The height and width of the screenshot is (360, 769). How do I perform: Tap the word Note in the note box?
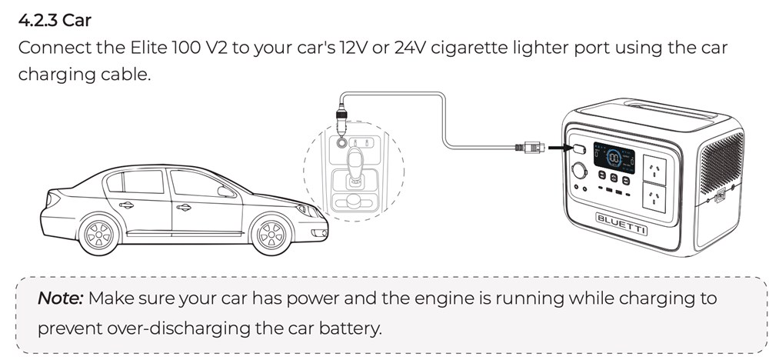(x=61, y=298)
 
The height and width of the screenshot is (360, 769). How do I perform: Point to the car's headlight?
(x=305, y=208)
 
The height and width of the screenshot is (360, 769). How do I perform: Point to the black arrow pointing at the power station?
(x=560, y=147)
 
